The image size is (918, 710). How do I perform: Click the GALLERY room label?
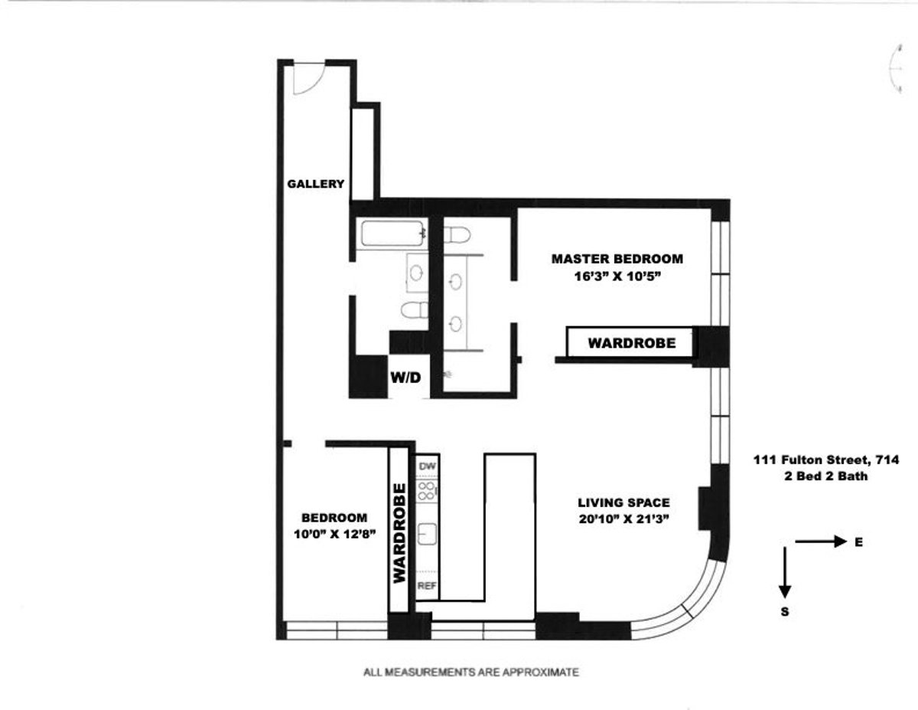pos(315,184)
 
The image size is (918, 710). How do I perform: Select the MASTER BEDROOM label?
pos(617,259)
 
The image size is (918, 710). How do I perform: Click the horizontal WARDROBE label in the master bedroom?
pos(631,343)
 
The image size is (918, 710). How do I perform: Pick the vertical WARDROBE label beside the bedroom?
pos(399,534)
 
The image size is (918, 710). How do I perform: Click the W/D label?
pos(405,378)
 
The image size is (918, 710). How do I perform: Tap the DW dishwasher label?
pos(427,466)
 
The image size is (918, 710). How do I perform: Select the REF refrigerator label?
pos(427,586)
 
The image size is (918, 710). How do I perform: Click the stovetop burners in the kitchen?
pos(427,490)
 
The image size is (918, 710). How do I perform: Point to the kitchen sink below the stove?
pos(427,534)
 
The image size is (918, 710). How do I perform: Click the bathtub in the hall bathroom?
pos(391,233)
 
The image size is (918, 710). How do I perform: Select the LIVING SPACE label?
pos(623,503)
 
